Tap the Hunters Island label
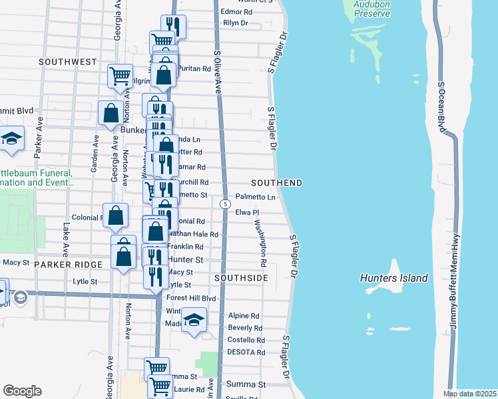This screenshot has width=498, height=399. tap(394, 278)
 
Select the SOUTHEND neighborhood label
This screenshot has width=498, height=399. tap(276, 183)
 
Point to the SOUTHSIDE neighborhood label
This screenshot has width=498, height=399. tap(241, 277)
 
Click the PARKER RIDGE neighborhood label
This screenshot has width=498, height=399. tap(71, 264)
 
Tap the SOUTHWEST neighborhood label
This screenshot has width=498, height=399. tap(68, 62)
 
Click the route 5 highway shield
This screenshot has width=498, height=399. tap(226, 203)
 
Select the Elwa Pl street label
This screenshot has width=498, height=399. tap(247, 212)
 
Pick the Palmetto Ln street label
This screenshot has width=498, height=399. tap(256, 198)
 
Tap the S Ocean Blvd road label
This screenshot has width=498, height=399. tap(441, 107)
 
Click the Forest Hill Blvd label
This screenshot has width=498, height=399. tap(192, 298)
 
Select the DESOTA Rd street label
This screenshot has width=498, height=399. tap(246, 352)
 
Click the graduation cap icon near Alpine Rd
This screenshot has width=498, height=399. tap(194, 321)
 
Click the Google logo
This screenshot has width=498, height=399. tap(22, 391)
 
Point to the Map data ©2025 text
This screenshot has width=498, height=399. tap(469, 394)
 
